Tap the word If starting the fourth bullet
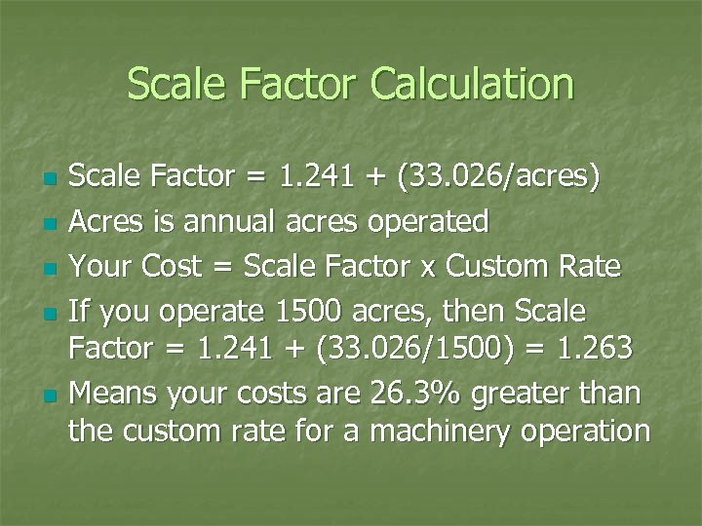point(81,311)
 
